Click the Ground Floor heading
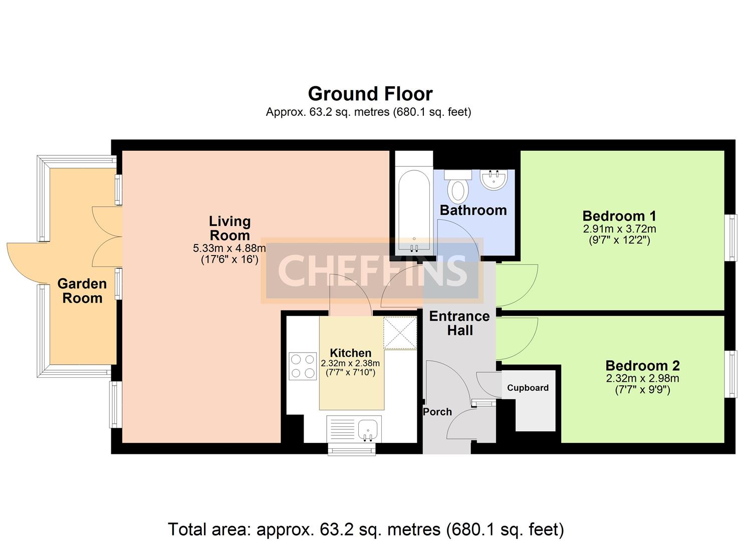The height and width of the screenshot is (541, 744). (x=370, y=94)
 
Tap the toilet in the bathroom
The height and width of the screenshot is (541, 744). (x=458, y=186)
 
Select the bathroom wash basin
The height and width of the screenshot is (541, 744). (x=493, y=180)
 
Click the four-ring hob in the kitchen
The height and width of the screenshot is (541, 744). (x=303, y=366)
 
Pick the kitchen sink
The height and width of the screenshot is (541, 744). (x=354, y=429)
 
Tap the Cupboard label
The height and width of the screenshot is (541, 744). (x=528, y=388)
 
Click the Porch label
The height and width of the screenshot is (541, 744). (x=437, y=412)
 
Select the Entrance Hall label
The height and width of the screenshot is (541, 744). (x=460, y=324)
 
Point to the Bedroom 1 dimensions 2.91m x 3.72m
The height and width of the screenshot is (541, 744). (x=619, y=229)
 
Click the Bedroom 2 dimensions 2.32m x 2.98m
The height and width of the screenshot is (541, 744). (x=643, y=379)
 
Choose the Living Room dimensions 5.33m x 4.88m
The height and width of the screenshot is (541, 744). (x=229, y=248)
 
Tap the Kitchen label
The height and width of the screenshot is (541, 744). (x=350, y=353)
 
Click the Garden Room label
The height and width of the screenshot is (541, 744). (x=82, y=291)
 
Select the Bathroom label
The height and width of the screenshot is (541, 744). (x=473, y=210)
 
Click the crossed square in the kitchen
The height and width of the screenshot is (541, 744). (x=400, y=333)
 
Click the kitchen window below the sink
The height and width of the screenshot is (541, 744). (x=352, y=450)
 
